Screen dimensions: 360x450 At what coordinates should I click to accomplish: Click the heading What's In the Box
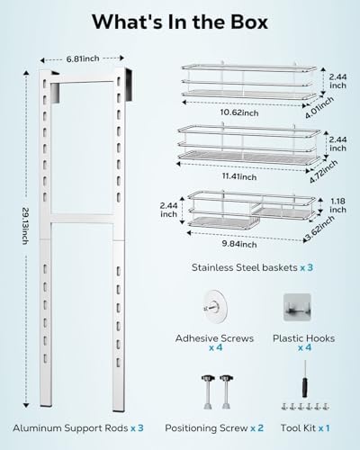pos(180,22)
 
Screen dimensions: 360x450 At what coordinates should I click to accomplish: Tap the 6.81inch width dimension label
pos(83,58)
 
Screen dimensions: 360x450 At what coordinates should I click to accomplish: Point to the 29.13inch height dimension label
pos(25,226)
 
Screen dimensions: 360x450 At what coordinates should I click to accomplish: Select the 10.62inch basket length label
pos(239,112)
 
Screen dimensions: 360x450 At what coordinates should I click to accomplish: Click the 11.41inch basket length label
pos(239,176)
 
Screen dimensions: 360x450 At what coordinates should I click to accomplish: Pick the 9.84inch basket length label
pos(239,244)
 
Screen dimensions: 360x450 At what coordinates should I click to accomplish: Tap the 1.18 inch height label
pos(337,205)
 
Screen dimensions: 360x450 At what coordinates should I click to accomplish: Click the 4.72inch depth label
pos(323,171)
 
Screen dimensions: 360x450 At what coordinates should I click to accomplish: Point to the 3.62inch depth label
pos(319,229)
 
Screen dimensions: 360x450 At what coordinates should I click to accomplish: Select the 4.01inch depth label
pos(319,108)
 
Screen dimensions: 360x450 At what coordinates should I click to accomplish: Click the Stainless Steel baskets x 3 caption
pos(252,267)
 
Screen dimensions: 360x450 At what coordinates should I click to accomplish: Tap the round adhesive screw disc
pos(215,307)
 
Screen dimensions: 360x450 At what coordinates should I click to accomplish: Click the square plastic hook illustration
pos(297,308)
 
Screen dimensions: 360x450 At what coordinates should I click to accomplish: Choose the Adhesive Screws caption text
pos(214,338)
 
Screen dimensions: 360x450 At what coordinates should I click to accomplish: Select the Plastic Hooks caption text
pos(303,338)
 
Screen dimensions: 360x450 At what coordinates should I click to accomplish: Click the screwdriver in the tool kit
pos(305,379)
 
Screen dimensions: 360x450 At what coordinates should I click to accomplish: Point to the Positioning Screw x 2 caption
pos(214,427)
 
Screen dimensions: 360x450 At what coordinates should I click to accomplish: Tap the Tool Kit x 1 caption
pos(305,427)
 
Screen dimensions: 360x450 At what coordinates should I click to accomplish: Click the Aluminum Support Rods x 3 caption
pos(78,427)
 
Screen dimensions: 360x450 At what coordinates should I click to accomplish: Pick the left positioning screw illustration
pos(208,391)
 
